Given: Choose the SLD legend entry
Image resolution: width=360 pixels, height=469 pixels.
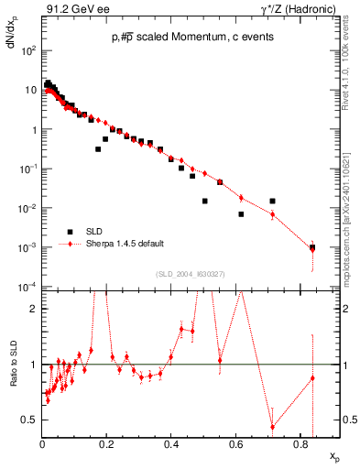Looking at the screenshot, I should [95, 231].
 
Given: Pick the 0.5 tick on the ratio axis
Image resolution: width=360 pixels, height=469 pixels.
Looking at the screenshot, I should [32, 420].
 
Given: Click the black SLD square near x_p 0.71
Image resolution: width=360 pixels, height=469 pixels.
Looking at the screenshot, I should [273, 201].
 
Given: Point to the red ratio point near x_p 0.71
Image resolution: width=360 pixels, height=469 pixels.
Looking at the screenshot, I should [273, 426].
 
